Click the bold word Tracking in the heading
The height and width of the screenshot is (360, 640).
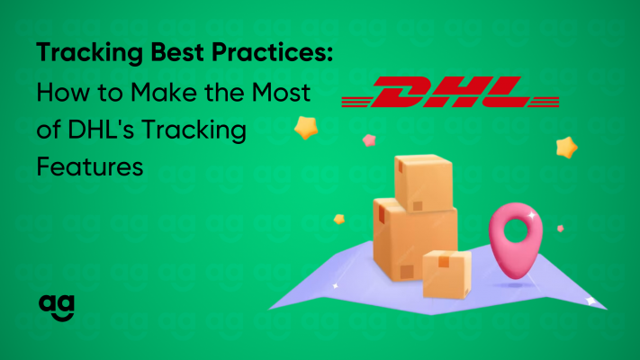89,53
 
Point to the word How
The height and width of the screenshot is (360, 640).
63,92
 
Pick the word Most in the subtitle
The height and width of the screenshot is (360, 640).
281,92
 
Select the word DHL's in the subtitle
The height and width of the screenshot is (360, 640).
101,130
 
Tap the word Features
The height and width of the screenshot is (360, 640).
90,166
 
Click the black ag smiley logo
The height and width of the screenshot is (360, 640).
57,308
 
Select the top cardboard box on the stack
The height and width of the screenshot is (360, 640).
423,183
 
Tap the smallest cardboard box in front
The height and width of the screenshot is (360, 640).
447,274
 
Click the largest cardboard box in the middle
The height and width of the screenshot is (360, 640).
414,241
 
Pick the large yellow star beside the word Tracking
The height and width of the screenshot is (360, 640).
306,128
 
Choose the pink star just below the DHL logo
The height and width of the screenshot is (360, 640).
369,140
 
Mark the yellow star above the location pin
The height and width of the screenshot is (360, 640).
566,148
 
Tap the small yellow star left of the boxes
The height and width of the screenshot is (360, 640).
339,220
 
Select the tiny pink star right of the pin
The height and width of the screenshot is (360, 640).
561,229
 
